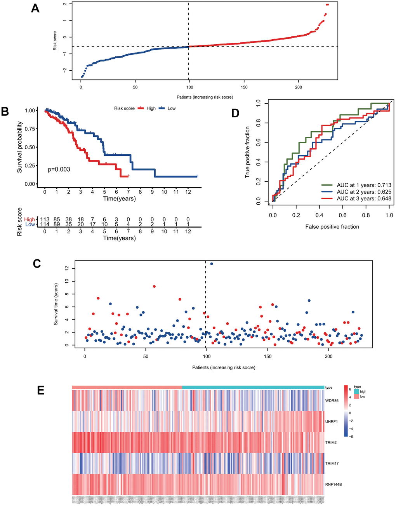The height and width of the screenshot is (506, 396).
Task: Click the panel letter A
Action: tap(35, 8)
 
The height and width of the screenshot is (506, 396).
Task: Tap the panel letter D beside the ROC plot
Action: tap(235, 113)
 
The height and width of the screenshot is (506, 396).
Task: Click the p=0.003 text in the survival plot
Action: tap(59, 169)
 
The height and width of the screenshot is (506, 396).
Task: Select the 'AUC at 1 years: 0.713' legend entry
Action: tap(364, 185)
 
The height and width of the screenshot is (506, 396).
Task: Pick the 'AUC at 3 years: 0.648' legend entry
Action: tap(364, 199)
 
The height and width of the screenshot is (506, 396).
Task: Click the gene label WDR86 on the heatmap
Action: tap(332, 400)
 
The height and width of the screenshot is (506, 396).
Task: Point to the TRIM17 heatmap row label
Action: tap(332, 463)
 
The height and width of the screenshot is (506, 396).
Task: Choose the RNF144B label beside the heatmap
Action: tap(333, 484)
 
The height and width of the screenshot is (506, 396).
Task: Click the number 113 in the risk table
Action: tap(45, 219)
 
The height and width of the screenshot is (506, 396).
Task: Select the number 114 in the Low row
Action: tap(45, 224)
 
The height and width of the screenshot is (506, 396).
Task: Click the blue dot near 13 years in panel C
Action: tap(212, 264)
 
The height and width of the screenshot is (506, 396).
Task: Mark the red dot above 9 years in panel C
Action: tap(155, 287)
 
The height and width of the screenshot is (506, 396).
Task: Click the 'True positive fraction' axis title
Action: tap(247, 152)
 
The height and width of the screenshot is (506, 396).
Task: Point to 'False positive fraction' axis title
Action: tap(332, 226)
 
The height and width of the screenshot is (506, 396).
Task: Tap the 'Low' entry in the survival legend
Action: tap(171, 108)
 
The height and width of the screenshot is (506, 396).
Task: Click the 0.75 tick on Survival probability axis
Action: tap(30, 129)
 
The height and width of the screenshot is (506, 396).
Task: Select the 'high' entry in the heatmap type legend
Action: tap(363, 392)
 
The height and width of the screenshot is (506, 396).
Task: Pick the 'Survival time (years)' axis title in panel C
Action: tap(56, 304)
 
